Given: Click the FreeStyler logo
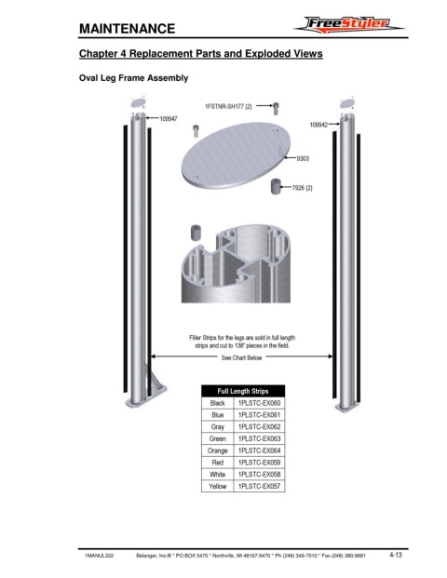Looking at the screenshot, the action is (x=349, y=25).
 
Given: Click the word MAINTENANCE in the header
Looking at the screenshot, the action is (x=127, y=29).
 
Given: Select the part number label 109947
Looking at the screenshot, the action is (x=169, y=119).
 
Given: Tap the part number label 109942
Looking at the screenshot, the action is (x=318, y=125).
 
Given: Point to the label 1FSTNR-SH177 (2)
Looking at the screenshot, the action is (x=228, y=106).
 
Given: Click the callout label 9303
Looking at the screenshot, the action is (x=303, y=158).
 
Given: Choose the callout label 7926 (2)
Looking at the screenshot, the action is (x=302, y=188).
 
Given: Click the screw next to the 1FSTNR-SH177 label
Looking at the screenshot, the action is (x=276, y=108).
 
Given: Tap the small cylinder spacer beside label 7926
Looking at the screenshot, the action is (x=276, y=186).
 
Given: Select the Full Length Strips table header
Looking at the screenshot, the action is (x=243, y=391).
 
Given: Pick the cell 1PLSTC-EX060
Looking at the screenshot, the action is (x=259, y=403).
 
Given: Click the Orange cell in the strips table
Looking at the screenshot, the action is (x=218, y=450).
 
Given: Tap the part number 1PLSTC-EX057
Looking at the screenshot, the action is (x=259, y=486).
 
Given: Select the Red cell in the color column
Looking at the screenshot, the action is (x=218, y=463).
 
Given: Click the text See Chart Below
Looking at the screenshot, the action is (x=241, y=357).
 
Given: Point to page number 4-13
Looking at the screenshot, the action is (x=396, y=555).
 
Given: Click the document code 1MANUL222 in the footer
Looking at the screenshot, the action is (x=100, y=556).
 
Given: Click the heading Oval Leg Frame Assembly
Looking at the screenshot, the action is (x=133, y=78).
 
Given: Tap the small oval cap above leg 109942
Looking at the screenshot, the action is (x=346, y=104).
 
